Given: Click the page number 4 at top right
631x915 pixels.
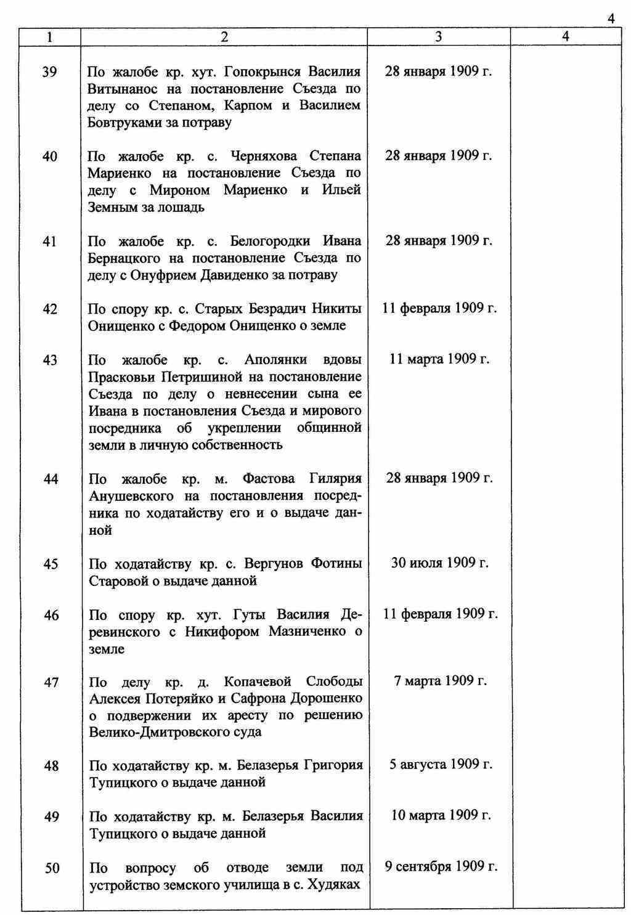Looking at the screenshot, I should [611, 18].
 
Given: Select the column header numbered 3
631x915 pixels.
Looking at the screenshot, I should [438, 37].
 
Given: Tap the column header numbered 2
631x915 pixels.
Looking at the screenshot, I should [224, 37].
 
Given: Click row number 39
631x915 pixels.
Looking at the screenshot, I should [50, 72].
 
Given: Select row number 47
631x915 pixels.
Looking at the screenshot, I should [51, 682].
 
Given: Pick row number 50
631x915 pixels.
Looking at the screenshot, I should [52, 868].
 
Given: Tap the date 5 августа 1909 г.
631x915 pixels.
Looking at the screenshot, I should [441, 765].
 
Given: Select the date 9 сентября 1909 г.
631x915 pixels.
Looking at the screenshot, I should [441, 866].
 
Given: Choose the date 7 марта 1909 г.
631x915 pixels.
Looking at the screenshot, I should [441, 681].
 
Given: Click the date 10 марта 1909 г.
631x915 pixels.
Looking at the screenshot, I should [441, 815].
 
